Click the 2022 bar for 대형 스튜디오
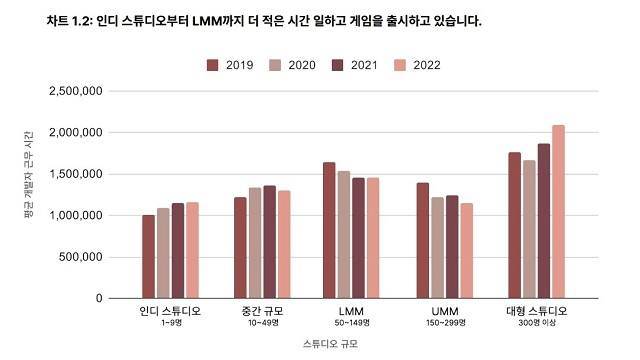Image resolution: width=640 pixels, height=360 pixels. (x=559, y=212)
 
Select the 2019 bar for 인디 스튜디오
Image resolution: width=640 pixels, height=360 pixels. (x=148, y=256)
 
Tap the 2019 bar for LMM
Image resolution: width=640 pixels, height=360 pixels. (x=329, y=230)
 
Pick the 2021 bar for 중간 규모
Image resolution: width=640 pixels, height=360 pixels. (x=270, y=242)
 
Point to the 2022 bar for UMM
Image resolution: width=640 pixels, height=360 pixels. (x=466, y=250)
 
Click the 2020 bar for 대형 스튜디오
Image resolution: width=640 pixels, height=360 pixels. (x=529, y=229)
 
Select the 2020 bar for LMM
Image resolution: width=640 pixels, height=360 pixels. (x=344, y=234)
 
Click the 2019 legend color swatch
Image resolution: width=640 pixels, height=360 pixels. (x=213, y=65)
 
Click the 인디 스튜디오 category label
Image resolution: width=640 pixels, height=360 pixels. (x=170, y=311)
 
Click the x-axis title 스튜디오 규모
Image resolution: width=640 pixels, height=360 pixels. (x=331, y=343)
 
